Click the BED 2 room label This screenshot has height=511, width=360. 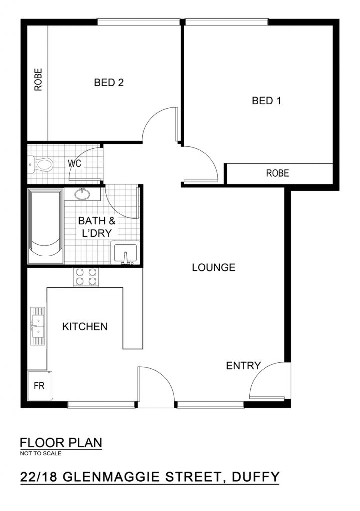(109, 82)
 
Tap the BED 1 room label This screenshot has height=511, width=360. (266, 101)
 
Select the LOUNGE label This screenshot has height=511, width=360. (213, 267)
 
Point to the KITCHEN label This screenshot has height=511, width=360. (85, 326)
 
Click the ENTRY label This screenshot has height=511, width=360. (243, 366)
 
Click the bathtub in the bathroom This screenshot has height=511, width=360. (45, 226)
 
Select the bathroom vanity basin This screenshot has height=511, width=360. (82, 194)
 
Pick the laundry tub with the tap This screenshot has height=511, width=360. (125, 253)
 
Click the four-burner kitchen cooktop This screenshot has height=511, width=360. (86, 277)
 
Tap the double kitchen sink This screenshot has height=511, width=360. (38, 326)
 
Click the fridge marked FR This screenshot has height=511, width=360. (40, 386)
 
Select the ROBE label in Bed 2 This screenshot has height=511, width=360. (38, 79)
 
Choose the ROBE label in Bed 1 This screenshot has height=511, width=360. (277, 173)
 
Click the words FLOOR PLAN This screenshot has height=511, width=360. (61, 443)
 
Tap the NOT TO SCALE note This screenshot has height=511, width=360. (41, 453)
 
